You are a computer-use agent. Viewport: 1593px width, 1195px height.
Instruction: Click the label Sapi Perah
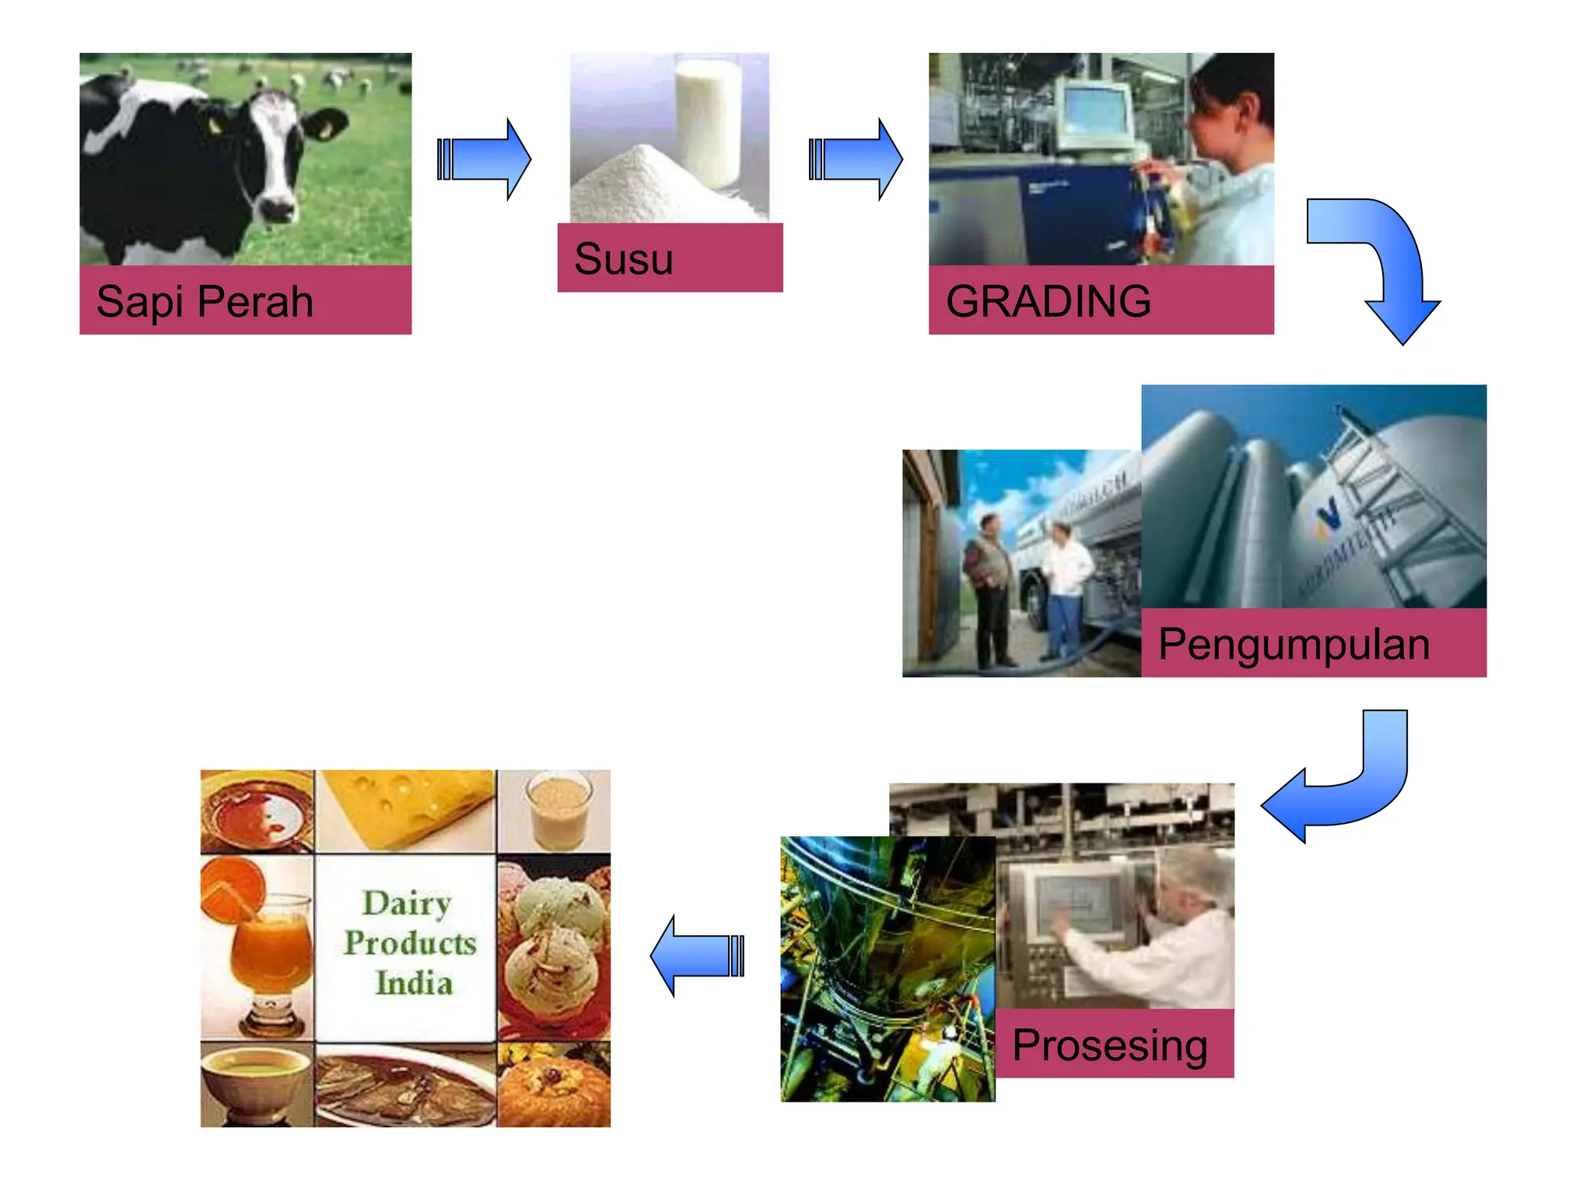tap(205, 301)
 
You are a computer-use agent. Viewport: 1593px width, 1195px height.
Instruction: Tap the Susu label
tap(623, 258)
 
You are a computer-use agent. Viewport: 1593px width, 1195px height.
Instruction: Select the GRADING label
tap(1048, 301)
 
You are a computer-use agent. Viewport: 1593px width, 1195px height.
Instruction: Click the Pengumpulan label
tap(1294, 644)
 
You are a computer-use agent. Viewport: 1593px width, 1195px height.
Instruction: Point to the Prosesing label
tap(1109, 1045)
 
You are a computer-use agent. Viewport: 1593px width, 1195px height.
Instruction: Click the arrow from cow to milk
tap(484, 159)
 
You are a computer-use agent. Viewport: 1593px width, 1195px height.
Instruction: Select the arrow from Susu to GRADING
tap(856, 159)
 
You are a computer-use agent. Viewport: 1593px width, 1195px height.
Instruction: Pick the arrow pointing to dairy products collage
tap(696, 955)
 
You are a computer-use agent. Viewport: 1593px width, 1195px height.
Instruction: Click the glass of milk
tap(708, 124)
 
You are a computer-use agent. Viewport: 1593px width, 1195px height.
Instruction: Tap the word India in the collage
tap(413, 983)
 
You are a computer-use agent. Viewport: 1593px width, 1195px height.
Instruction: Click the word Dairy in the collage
tap(407, 903)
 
